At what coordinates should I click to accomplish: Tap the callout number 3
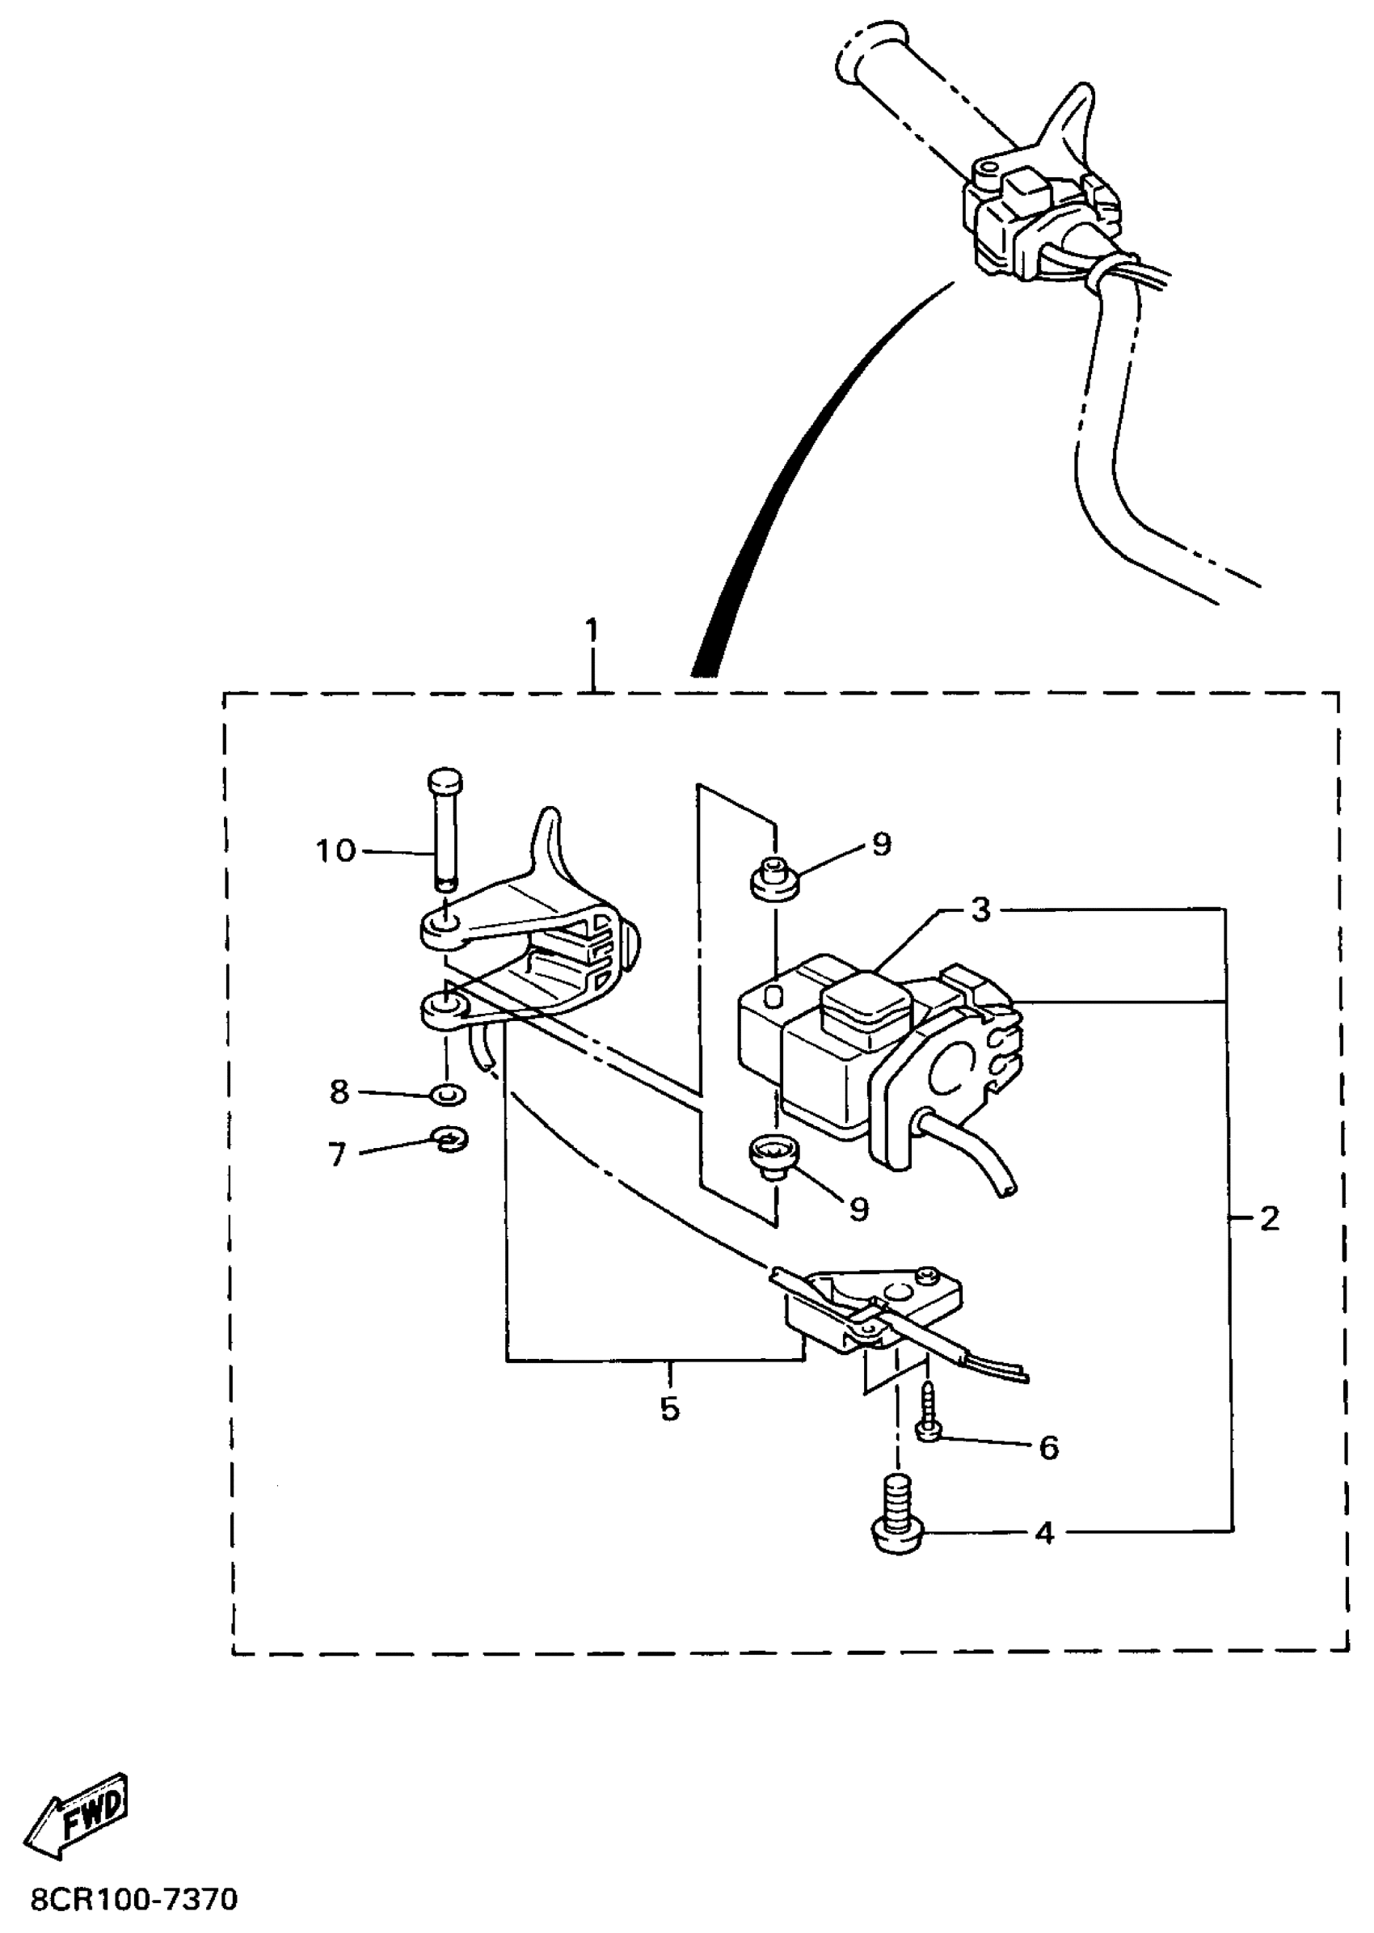[980, 910]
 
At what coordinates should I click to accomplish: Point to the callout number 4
[1046, 1533]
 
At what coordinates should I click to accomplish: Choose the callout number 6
[1048, 1448]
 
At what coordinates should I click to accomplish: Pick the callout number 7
[338, 1154]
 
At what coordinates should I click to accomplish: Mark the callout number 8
[339, 1092]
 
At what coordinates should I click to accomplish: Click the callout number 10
[336, 850]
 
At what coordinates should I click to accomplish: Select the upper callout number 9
[882, 844]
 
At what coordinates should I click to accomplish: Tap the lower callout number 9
[858, 1210]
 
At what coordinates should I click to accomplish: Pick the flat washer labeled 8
[448, 1095]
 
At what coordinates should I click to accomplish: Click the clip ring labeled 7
[450, 1140]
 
